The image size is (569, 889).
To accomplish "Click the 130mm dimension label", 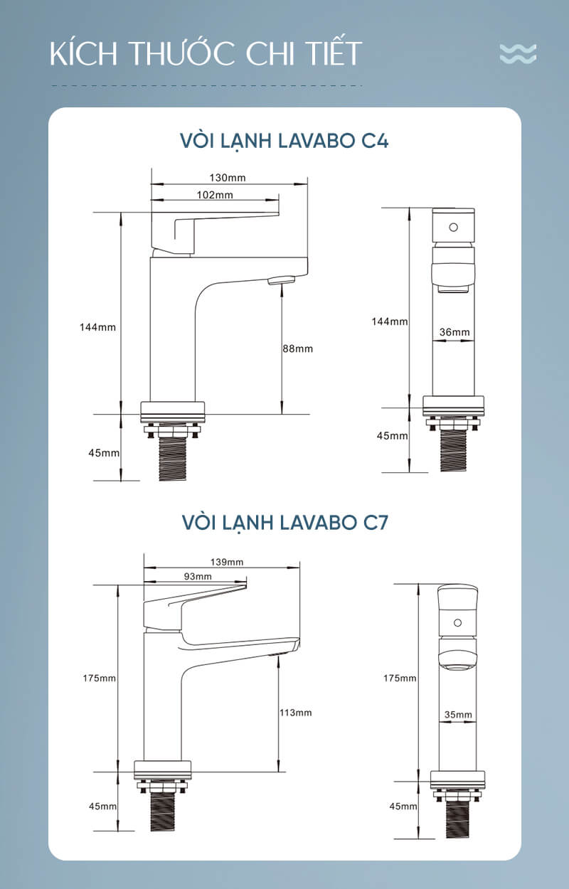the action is click(228, 177).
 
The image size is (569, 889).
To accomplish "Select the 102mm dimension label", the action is click(215, 195).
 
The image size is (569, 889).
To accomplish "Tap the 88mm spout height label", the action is click(297, 349).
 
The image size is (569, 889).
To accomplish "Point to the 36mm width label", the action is click(454, 332).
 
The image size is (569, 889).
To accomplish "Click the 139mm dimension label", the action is click(227, 562).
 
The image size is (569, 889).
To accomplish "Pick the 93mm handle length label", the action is click(198, 576).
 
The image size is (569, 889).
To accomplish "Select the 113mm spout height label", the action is click(296, 713).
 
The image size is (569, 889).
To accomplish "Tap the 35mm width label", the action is click(458, 715).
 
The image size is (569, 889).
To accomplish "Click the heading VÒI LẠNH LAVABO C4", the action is click(284, 141).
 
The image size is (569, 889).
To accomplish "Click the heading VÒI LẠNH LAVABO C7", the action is click(285, 522).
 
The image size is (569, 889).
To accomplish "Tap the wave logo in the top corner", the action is click(519, 53).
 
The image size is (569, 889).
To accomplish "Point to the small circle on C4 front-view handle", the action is click(453, 228).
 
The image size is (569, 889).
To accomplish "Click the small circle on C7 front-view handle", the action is click(457, 623).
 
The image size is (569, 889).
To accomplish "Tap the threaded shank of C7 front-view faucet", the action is click(457, 819).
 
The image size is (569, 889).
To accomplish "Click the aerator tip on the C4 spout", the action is click(282, 281).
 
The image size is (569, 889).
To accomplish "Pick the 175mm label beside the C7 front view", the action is click(400, 678).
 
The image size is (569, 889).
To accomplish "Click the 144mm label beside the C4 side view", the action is click(97, 327).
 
